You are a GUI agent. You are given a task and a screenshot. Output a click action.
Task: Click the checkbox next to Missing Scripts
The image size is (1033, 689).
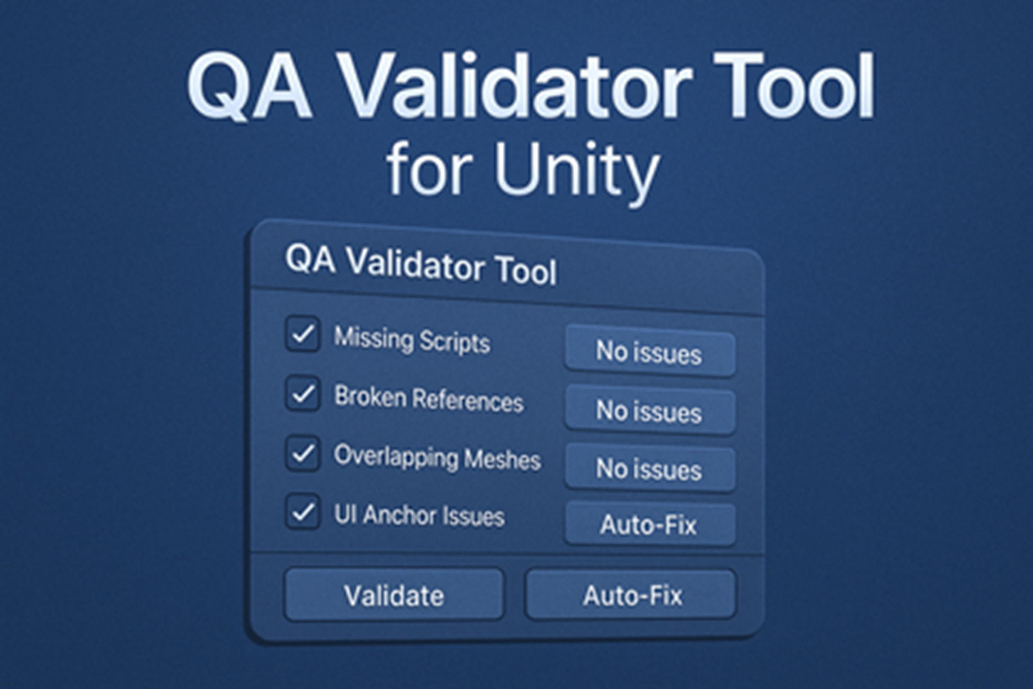click(302, 334)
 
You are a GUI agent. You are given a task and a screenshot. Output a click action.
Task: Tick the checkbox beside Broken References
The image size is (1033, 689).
click(302, 394)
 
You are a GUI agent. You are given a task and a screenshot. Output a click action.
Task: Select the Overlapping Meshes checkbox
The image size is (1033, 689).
click(302, 453)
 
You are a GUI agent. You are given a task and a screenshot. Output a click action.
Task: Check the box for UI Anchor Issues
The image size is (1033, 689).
click(302, 512)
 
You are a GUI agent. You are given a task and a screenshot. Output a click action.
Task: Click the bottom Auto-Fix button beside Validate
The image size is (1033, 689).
click(631, 595)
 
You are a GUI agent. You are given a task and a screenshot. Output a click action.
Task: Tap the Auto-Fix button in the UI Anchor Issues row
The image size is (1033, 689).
click(649, 525)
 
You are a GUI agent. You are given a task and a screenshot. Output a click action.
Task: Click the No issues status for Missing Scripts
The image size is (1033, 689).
click(649, 352)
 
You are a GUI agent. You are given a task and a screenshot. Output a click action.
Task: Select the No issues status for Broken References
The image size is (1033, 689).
click(649, 412)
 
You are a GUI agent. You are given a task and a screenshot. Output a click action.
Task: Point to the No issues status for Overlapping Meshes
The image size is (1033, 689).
click(649, 470)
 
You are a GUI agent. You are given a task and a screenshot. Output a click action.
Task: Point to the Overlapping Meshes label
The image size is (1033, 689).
click(437, 457)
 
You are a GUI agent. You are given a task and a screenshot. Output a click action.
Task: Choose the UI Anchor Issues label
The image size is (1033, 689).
click(419, 515)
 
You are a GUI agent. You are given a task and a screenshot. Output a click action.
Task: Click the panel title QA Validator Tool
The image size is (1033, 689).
click(421, 265)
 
